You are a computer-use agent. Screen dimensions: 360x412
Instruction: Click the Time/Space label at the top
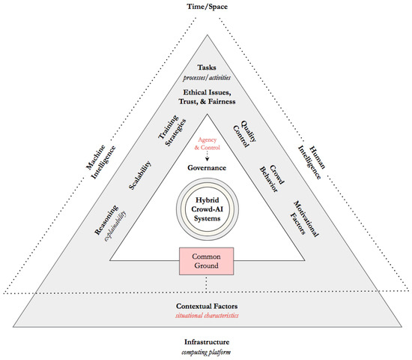coord(206,7)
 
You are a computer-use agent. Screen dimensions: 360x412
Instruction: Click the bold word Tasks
coord(205,66)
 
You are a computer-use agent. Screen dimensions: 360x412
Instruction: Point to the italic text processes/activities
coord(205,76)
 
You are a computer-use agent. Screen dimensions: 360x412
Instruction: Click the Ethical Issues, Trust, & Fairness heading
coord(205,97)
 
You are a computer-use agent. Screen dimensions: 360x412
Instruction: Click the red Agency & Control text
coord(205,145)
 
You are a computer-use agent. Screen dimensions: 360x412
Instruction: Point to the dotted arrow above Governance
coord(205,157)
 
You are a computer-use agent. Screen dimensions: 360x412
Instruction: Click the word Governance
coord(205,168)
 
